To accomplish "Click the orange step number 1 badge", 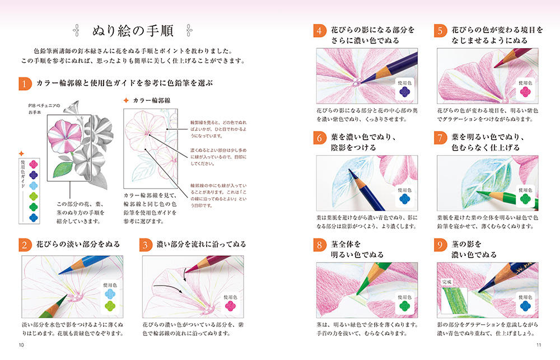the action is [25, 83].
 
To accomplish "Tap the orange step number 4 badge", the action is [320, 30].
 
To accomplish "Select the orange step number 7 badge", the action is [440, 138].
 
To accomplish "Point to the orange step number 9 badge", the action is [440, 245].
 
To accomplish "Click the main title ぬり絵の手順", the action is [133, 31].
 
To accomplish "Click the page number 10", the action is [21, 345].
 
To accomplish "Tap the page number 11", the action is [539, 345].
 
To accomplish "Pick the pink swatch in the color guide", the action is [33, 164].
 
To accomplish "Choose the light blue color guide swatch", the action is [33, 186].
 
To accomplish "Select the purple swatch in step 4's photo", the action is [405, 92].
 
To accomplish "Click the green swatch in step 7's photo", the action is [525, 199].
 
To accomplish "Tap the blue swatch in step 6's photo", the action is [405, 199].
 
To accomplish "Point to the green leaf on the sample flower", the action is [63, 170].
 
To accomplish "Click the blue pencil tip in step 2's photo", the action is [60, 273].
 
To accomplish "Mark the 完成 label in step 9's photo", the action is [447, 282].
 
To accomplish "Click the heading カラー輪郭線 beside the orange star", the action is [152, 101].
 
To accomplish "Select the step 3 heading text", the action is [202, 244].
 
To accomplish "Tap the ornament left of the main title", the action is [76, 31].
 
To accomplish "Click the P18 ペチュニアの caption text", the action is [44, 106].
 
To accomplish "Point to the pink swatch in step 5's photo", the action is [525, 92].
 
